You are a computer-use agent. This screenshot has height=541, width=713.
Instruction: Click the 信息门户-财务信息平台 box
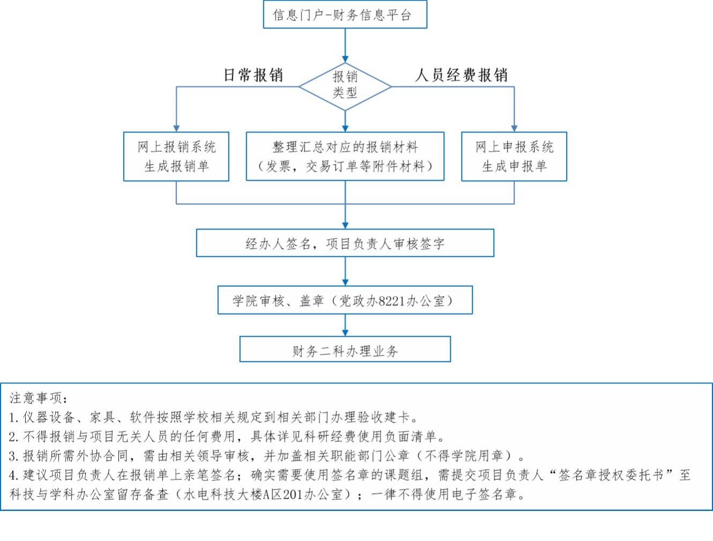click(345, 14)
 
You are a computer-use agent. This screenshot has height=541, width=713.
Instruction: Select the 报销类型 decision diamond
click(345, 85)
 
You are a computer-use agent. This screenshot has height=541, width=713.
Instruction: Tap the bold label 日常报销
click(253, 75)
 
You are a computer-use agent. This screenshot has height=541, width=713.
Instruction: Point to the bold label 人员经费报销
click(461, 75)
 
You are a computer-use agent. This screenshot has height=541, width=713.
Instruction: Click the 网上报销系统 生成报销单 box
click(176, 156)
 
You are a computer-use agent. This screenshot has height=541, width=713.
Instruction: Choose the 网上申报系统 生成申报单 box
click(514, 156)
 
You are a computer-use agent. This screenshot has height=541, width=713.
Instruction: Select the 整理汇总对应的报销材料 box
click(345, 156)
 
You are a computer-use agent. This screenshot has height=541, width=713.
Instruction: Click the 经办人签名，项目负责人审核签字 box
click(345, 243)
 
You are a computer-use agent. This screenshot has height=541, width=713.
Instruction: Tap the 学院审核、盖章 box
click(345, 300)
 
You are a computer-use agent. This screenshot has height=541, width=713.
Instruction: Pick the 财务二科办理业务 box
click(345, 350)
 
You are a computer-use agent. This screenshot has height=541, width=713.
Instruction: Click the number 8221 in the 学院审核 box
click(391, 301)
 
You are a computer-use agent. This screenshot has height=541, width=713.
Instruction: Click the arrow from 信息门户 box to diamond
click(345, 45)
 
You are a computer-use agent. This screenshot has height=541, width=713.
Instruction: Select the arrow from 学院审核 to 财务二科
click(345, 325)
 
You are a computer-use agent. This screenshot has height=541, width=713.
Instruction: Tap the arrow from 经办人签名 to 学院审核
click(345, 271)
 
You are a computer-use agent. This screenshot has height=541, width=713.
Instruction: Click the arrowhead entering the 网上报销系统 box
click(176, 128)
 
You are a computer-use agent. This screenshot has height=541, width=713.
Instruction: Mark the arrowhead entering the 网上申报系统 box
click(514, 128)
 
